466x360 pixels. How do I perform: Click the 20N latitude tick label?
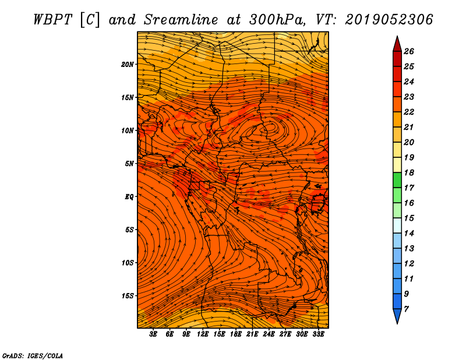click(x=127, y=65)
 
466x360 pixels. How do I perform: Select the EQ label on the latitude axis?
click(x=129, y=197)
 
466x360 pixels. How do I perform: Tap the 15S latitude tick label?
click(x=127, y=296)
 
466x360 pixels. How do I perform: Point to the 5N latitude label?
click(x=129, y=164)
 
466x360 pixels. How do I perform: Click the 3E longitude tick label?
click(x=153, y=334)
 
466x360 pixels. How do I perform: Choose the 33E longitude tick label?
click(x=318, y=334)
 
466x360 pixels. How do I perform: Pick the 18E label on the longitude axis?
click(x=236, y=334)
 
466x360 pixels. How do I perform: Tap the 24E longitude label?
click(x=269, y=334)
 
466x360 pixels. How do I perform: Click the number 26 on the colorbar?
click(x=409, y=51)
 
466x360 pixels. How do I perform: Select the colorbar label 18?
click(x=409, y=172)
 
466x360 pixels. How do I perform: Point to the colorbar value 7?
click(x=406, y=309)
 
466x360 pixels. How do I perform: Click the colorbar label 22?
click(x=409, y=112)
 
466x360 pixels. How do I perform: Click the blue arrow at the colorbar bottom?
click(x=397, y=315)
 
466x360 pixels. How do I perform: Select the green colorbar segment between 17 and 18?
click(x=397, y=180)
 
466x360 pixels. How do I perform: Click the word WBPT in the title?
click(x=52, y=20)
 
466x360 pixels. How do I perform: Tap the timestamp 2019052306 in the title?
click(x=389, y=20)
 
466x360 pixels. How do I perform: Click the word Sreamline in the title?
click(x=181, y=20)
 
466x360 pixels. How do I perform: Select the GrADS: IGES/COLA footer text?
click(x=33, y=355)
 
